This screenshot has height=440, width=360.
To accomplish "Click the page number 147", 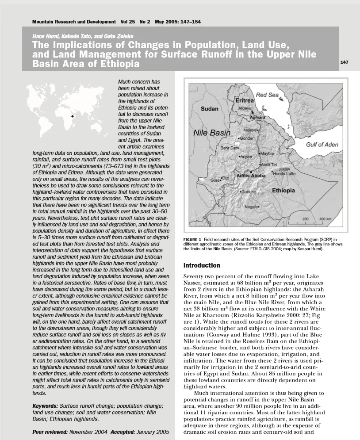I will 344,62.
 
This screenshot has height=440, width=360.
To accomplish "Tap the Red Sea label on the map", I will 268,95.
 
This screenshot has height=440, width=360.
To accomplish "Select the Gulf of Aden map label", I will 322,145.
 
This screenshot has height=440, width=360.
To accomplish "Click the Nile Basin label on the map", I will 212,133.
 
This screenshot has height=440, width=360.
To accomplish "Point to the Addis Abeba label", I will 251,176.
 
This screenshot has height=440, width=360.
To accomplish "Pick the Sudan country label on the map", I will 210,109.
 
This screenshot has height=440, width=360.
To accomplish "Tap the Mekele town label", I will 251,130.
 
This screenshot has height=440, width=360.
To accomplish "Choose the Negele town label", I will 252,207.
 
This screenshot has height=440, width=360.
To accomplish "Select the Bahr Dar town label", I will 229,148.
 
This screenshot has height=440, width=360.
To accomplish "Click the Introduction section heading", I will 202,265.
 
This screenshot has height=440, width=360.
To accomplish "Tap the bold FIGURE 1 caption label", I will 192,240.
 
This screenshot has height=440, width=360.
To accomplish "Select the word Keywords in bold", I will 46,406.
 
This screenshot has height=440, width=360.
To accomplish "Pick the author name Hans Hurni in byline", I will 42,36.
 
